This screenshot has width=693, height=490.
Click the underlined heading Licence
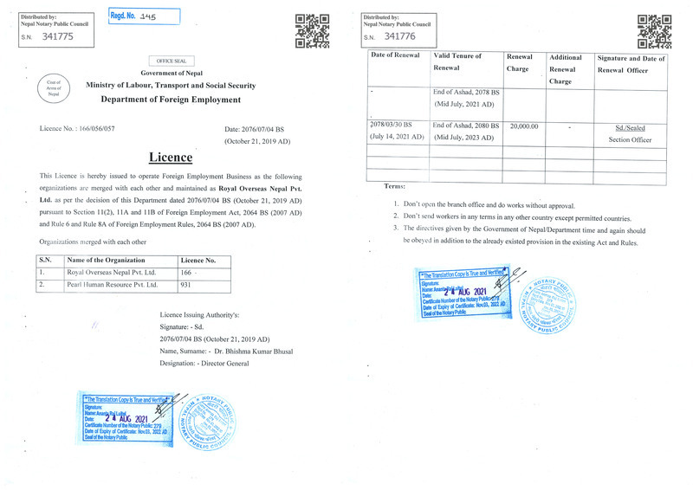(170, 158)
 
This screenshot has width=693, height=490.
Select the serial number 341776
(399, 36)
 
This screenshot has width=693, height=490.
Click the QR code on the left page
(312, 29)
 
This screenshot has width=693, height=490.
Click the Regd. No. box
(144, 16)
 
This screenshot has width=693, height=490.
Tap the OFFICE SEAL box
(172, 61)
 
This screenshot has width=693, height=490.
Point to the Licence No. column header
(198, 260)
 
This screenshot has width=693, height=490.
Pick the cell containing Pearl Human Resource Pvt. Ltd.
(113, 284)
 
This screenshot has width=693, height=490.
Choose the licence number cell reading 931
(186, 284)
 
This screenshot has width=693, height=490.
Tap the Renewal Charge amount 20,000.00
(523, 126)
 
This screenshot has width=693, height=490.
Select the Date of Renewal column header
(395, 56)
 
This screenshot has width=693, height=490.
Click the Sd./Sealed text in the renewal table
(630, 127)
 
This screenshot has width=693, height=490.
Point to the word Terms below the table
(394, 186)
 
